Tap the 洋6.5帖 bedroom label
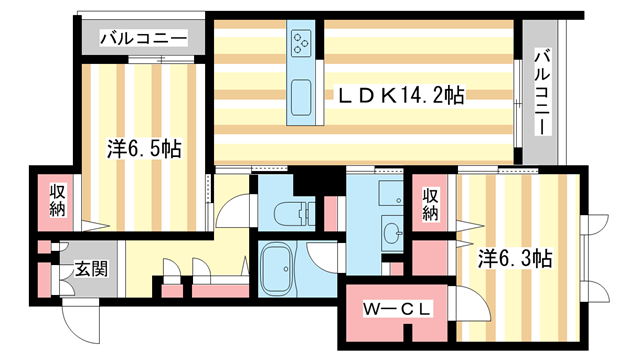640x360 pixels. [x=144, y=150]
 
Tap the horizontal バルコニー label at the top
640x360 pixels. [x=143, y=39]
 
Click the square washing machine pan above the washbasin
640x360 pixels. [x=384, y=194]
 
